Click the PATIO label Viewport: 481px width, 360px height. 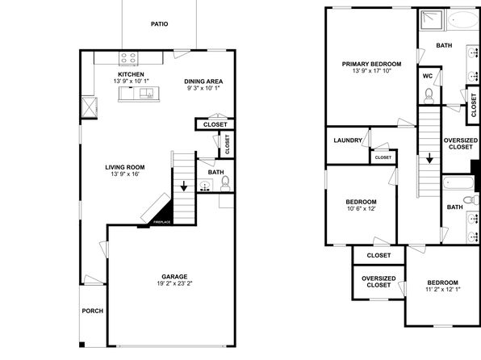(x=160, y=24)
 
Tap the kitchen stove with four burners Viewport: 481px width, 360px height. (x=128, y=58)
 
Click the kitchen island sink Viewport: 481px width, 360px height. (x=146, y=93)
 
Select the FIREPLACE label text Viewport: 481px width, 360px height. (x=161, y=222)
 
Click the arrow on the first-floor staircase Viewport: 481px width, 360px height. (x=184, y=186)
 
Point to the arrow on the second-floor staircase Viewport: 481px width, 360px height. (x=429, y=158)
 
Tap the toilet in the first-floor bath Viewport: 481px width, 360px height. (x=225, y=183)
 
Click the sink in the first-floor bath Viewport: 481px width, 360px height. (x=205, y=186)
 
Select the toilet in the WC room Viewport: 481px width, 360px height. (x=429, y=96)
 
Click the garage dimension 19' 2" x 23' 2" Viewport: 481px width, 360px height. (x=174, y=283)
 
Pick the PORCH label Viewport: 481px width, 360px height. (x=93, y=311)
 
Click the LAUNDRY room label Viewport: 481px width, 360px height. (x=348, y=140)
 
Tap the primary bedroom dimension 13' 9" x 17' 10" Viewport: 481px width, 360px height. (x=372, y=70)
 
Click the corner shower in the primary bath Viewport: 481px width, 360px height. (x=431, y=20)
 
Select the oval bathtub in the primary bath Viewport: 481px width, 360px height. (x=462, y=20)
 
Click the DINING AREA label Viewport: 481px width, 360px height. (x=203, y=82)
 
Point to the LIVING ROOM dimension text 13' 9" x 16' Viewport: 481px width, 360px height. (x=125, y=174)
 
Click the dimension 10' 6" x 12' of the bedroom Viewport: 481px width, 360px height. (x=361, y=209)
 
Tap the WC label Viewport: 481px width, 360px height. (x=428, y=76)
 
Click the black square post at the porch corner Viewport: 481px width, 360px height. (x=82, y=345)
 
